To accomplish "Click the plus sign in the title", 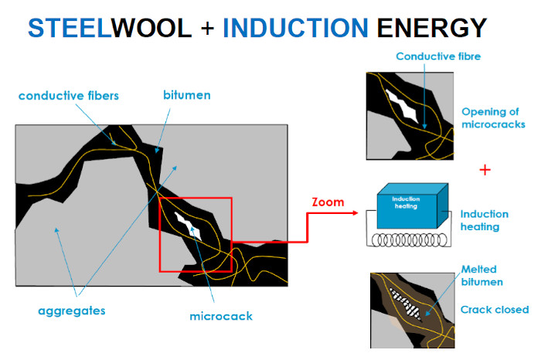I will pyautogui.click(x=206, y=29).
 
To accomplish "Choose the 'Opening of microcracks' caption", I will pyautogui.click(x=495, y=117).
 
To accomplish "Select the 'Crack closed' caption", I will pyautogui.click(x=495, y=310).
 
